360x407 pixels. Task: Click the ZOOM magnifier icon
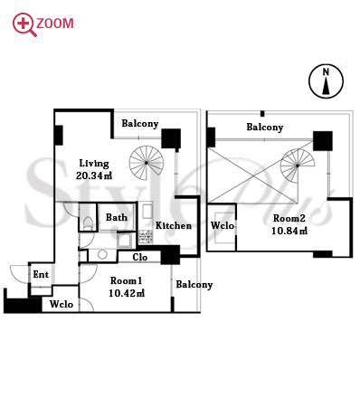(24, 24)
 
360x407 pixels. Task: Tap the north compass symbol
(326, 81)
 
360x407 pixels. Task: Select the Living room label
(94, 164)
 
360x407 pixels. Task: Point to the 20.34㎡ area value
(94, 175)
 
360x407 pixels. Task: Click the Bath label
(117, 217)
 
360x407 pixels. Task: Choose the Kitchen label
(174, 225)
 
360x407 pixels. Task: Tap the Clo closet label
(140, 257)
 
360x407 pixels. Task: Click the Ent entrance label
(41, 274)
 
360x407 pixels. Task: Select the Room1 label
(126, 280)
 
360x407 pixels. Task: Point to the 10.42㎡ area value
(127, 293)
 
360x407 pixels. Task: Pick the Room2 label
(289, 218)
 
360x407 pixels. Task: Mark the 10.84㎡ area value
(289, 231)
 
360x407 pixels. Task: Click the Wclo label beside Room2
(223, 225)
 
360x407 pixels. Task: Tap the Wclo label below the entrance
(62, 304)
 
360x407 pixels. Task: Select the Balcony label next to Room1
(194, 285)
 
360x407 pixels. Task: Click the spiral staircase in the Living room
(147, 163)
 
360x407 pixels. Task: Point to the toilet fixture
(88, 223)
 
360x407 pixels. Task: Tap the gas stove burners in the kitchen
(146, 237)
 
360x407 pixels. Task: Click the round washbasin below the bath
(102, 255)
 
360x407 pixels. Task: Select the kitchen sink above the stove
(147, 212)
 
